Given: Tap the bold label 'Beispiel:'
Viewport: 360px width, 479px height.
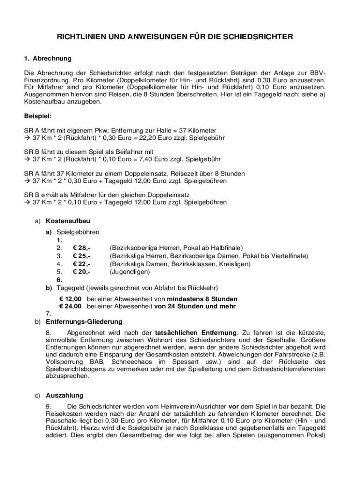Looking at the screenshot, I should click(38, 115).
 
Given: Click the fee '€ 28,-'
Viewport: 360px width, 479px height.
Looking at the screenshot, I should click(82, 247).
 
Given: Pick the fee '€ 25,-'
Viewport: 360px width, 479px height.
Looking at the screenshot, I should click(82, 256).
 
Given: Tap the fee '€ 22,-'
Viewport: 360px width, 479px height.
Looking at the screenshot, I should click(82, 264).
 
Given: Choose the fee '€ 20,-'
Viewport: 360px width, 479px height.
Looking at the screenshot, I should click(82, 272).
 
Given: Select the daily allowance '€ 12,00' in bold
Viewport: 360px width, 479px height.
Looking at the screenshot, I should click(70, 299).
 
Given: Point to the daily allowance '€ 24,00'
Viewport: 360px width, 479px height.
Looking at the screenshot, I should click(70, 306).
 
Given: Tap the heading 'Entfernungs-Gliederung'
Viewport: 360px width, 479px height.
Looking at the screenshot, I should click(84, 322).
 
